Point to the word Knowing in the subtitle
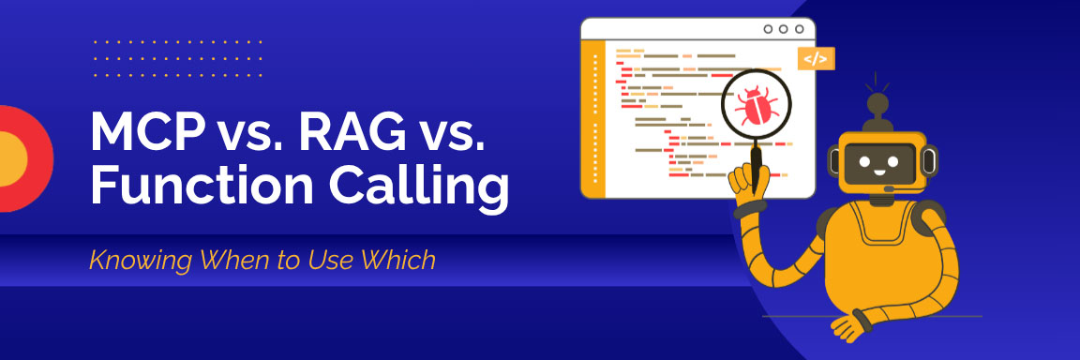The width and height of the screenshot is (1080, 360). point(130,260)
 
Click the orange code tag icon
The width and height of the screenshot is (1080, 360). point(816,58)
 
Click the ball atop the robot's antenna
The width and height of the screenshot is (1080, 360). point(877,102)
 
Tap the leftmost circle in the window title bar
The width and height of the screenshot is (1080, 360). point(768,29)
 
